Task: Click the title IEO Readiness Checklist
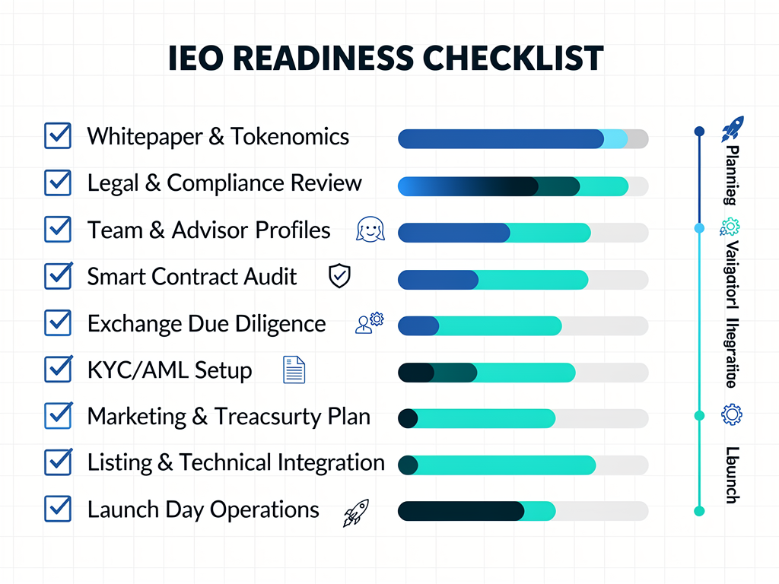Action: click(x=386, y=59)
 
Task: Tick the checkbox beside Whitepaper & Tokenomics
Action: click(x=58, y=136)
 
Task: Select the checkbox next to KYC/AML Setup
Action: click(x=58, y=370)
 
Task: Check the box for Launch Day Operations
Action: click(x=58, y=509)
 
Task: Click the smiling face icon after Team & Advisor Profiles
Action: click(x=370, y=230)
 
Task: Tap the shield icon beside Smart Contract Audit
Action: click(x=339, y=276)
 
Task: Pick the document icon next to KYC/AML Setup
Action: click(x=294, y=370)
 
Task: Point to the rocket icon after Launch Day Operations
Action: click(x=356, y=513)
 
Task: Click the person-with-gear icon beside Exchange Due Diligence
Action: click(x=370, y=323)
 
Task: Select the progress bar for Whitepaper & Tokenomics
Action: click(x=523, y=138)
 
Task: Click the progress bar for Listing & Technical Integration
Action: click(x=523, y=465)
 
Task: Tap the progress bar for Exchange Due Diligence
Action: click(x=523, y=325)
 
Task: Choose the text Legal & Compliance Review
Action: click(x=224, y=183)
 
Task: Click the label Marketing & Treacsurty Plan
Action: click(x=229, y=417)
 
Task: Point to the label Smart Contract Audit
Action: click(x=192, y=276)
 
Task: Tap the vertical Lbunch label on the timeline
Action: click(x=730, y=474)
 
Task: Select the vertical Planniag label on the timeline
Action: click(x=730, y=175)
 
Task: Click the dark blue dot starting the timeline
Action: click(x=699, y=131)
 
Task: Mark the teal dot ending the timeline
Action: click(x=699, y=511)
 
